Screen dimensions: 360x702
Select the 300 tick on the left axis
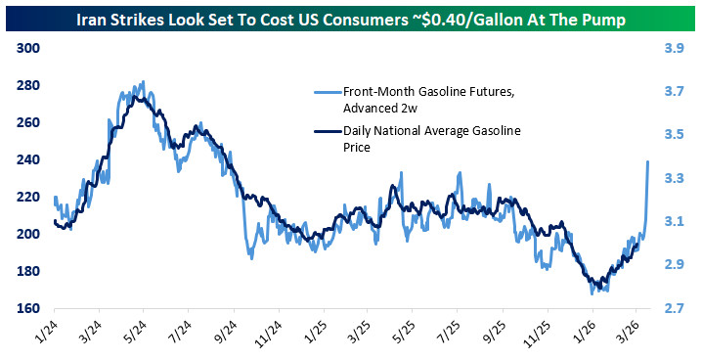click(26, 48)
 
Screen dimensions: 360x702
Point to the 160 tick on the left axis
click(26, 308)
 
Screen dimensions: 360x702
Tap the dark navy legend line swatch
click(322, 131)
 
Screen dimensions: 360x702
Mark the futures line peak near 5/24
click(144, 83)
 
